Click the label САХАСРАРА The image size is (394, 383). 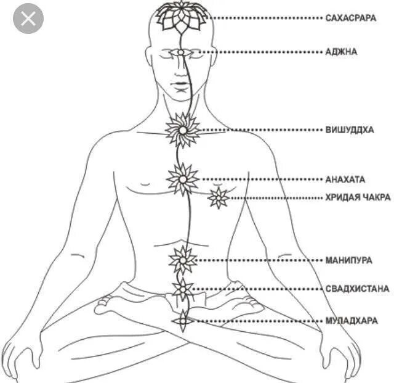(351, 18)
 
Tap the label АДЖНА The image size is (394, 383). (341, 52)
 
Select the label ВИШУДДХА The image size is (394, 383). (349, 130)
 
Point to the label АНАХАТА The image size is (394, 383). (345, 179)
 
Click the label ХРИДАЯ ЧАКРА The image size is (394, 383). (358, 198)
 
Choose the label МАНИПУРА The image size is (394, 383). (348, 260)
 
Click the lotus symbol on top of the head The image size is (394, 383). (182, 15)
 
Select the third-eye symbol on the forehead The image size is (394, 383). (182, 52)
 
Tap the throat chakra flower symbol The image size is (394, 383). (183, 130)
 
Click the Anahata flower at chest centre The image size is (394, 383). (183, 179)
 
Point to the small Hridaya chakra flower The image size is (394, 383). (218, 198)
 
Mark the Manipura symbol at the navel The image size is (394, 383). (183, 260)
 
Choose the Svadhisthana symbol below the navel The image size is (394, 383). (183, 289)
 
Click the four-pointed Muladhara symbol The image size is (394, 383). (183, 321)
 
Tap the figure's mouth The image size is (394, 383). (181, 84)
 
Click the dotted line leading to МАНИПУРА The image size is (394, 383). (259, 260)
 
